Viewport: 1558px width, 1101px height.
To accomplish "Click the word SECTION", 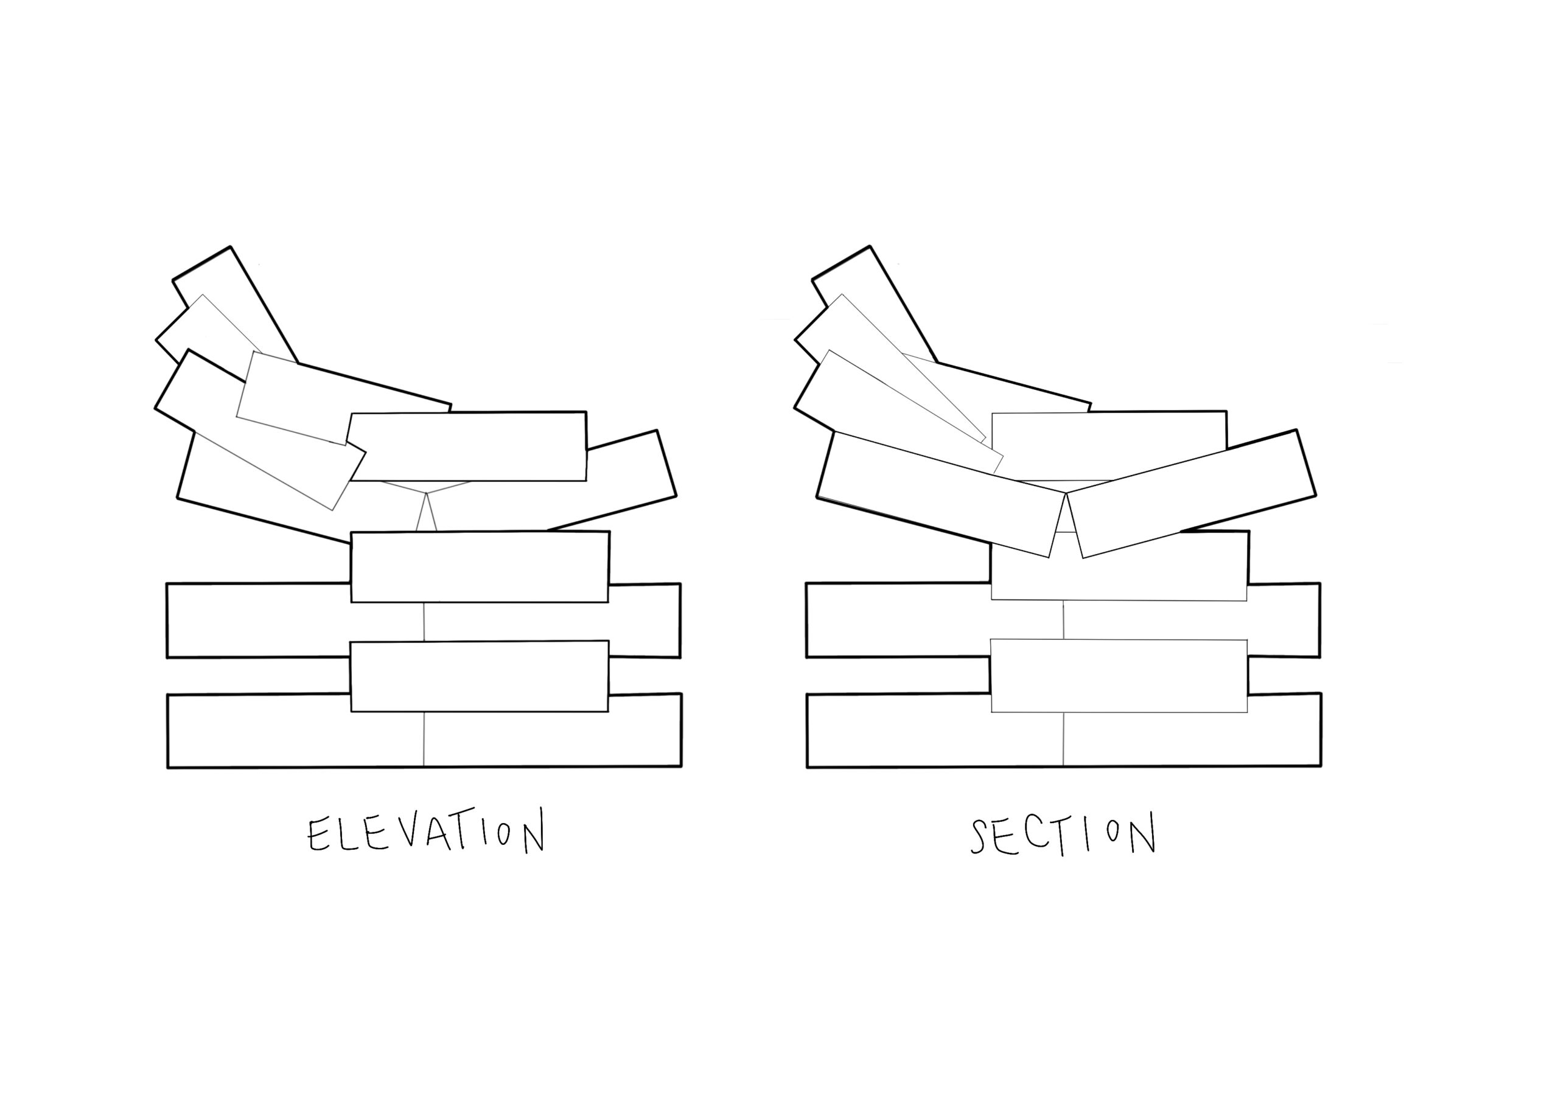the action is (x=1063, y=835).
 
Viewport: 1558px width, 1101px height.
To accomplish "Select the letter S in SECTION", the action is (x=979, y=835).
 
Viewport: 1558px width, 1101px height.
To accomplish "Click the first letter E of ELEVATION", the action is (x=317, y=835).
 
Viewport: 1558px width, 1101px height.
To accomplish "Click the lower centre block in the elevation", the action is (x=479, y=676).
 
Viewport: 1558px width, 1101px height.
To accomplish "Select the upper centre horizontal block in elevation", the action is (x=480, y=566).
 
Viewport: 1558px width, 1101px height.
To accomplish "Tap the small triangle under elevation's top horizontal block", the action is (x=426, y=516).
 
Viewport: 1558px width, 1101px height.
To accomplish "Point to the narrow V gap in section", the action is (x=1067, y=523).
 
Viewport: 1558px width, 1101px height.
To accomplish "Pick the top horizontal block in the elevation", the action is (x=468, y=446).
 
